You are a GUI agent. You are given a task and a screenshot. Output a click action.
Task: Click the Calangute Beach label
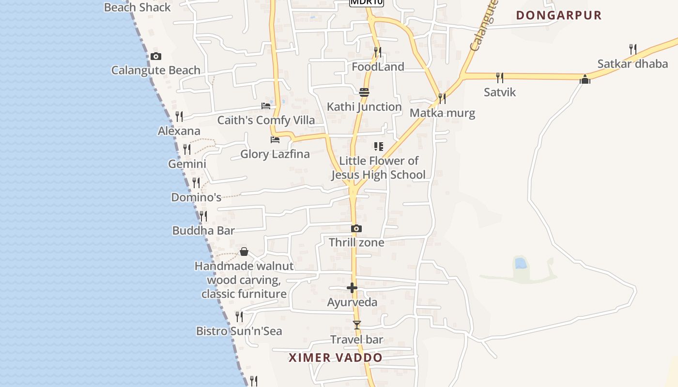click(155, 70)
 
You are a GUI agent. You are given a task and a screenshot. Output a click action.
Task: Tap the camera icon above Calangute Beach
click(155, 56)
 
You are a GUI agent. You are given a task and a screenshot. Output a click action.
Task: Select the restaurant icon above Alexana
click(179, 117)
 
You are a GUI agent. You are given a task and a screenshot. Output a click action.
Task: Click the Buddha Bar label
click(203, 231)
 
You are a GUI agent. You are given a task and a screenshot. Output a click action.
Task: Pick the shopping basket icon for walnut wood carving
click(244, 252)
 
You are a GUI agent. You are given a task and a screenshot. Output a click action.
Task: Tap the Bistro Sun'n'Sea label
click(239, 331)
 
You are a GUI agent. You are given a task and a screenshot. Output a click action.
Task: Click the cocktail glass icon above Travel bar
click(357, 325)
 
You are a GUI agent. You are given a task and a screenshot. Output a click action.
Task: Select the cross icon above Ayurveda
click(352, 288)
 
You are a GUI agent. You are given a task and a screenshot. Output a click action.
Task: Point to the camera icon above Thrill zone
click(356, 228)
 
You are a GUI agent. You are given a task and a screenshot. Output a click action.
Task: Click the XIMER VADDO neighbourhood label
click(335, 358)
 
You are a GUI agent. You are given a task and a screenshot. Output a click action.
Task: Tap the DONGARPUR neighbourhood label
click(558, 15)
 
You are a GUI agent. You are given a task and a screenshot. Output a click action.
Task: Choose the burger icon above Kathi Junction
click(364, 92)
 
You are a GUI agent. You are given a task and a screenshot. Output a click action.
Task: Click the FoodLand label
click(378, 67)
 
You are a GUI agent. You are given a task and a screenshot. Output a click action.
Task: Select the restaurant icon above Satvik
click(500, 77)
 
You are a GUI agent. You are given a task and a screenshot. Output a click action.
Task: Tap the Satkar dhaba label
click(632, 64)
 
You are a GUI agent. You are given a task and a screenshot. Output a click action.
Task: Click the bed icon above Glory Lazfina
click(275, 140)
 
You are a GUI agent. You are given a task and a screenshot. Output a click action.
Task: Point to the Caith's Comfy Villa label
click(266, 120)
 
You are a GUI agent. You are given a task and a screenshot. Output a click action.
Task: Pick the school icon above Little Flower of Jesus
click(378, 146)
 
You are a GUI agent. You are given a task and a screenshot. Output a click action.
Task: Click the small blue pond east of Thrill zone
click(521, 263)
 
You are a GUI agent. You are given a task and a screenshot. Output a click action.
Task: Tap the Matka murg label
click(442, 113)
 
